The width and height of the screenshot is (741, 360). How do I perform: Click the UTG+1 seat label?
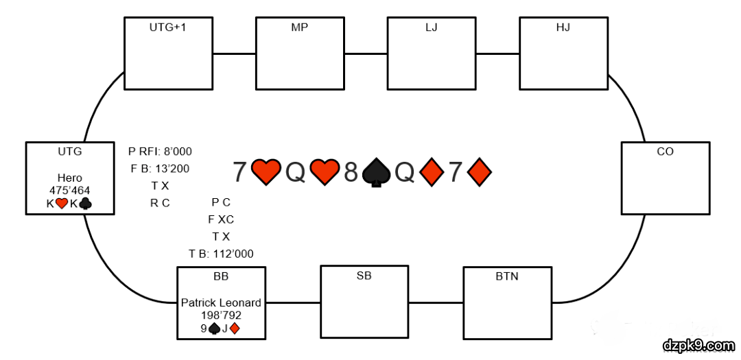tap(167, 28)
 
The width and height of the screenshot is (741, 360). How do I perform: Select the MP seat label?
tap(299, 28)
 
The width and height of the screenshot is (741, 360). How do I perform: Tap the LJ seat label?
tap(431, 28)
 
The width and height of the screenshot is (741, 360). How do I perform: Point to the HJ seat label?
tap(563, 28)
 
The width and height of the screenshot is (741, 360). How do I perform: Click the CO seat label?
tap(665, 152)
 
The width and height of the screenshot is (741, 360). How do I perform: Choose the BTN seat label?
tap(507, 276)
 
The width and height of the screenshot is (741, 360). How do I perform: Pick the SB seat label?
tap(364, 276)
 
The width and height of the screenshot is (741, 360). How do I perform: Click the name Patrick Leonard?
tap(221, 302)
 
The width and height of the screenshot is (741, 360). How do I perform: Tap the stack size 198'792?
tap(221, 315)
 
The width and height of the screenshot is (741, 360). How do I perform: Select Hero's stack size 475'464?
tap(69, 191)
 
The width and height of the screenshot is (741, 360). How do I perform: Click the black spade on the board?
tap(376, 173)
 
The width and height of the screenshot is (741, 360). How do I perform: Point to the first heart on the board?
tap(266, 172)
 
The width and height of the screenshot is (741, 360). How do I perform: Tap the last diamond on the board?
tap(480, 172)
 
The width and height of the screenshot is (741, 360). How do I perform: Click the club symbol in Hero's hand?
tap(85, 204)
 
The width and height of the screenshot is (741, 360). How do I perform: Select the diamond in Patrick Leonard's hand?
tap(235, 328)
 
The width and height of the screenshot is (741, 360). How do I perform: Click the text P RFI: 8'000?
tap(160, 152)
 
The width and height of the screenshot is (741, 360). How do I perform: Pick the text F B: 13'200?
tap(160, 169)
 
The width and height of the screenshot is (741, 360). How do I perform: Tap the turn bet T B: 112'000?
tap(221, 254)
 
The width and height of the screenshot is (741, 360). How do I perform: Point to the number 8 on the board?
tap(351, 172)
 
